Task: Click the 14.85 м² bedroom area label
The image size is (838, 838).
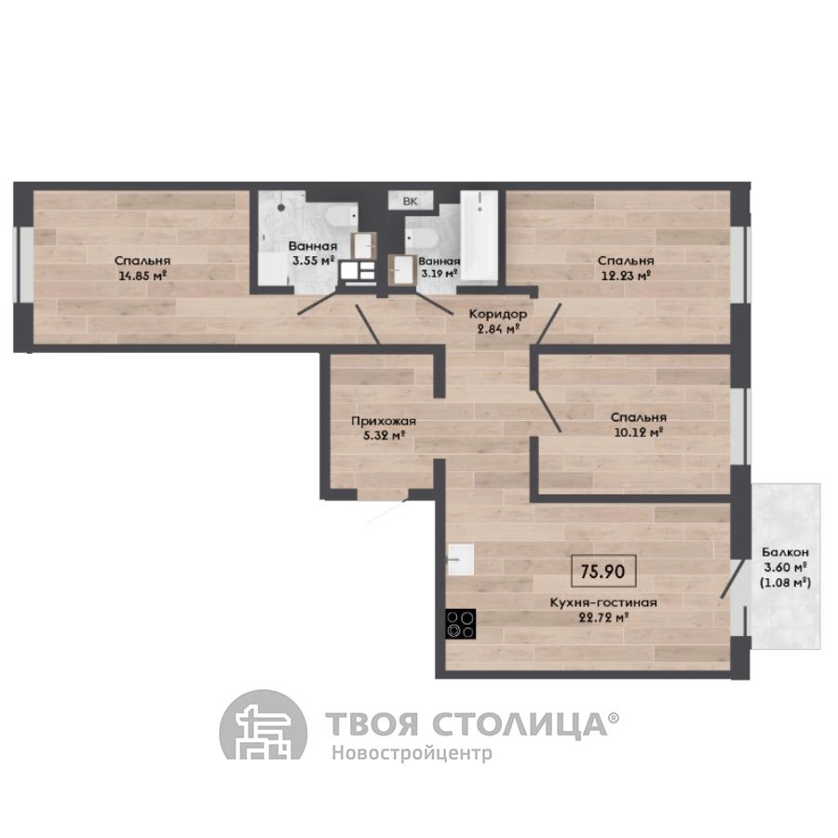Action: [143, 277]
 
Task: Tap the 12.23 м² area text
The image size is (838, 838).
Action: [626, 277]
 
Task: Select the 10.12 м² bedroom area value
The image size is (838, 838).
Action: [639, 432]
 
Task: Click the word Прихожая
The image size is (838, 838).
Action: [384, 421]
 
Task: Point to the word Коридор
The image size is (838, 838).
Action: [497, 314]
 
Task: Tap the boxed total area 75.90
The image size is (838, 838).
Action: [602, 572]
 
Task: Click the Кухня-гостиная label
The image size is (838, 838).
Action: [603, 602]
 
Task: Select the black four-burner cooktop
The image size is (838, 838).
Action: [460, 624]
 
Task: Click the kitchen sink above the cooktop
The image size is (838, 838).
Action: [461, 560]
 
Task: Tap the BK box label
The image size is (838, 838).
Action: [410, 201]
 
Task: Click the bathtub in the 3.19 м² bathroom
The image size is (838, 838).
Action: [480, 235]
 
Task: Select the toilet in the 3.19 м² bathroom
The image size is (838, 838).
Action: [422, 239]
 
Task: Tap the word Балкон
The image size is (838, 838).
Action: [785, 552]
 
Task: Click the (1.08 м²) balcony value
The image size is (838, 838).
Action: [785, 582]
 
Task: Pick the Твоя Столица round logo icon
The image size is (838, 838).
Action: [264, 725]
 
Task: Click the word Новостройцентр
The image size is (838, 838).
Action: [412, 753]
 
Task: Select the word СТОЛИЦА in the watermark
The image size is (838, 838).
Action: [519, 724]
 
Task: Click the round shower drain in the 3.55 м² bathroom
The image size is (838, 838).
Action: [281, 208]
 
